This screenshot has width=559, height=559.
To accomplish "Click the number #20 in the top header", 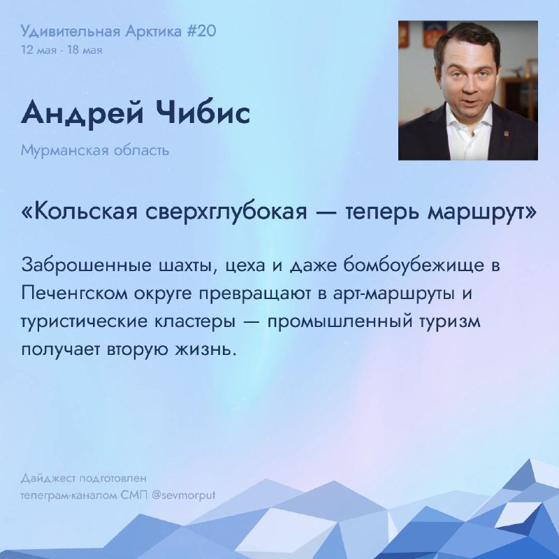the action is (x=201, y=31).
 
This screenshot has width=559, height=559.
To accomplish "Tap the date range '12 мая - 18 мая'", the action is (x=61, y=50).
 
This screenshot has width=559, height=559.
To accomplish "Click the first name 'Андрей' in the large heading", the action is (x=82, y=113).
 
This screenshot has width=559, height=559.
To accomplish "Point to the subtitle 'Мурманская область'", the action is (x=95, y=150).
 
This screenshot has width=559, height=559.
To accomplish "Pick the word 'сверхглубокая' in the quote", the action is (x=226, y=213).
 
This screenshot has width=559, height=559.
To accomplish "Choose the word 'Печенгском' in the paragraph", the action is (x=74, y=293).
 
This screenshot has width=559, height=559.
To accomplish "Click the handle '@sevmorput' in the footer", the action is (x=183, y=496).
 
